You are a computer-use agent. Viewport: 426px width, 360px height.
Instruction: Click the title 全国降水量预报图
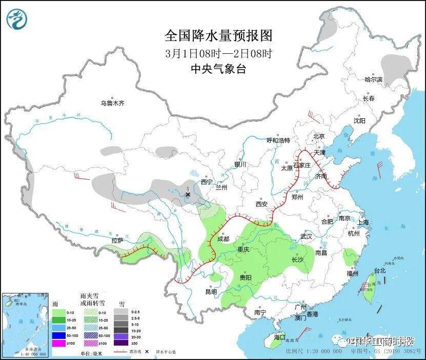pos(218,35)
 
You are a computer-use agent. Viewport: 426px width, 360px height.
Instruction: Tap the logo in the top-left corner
pos(16,19)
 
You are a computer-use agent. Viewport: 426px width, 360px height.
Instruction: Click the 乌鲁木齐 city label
pos(112,103)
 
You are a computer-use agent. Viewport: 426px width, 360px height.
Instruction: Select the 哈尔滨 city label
pos(373,79)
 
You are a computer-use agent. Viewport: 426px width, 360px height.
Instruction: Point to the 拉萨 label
pos(117,240)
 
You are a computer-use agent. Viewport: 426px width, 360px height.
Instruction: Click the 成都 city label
pos(223,239)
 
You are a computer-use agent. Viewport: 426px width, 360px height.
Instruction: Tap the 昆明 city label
pos(211,291)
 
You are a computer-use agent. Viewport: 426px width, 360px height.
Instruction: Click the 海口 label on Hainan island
pos(279,337)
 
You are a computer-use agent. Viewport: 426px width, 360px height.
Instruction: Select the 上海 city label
pos(363,222)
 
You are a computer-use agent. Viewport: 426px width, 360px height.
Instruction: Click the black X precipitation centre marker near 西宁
pos(188,195)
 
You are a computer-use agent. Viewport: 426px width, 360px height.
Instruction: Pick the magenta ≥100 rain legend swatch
pos(59,343)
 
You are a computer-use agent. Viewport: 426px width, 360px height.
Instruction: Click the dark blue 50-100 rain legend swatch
pos(59,335)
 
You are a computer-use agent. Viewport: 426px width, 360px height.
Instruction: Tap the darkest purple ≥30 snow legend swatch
pos(121,343)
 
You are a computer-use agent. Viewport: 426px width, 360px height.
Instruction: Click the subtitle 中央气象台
pos(218,69)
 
